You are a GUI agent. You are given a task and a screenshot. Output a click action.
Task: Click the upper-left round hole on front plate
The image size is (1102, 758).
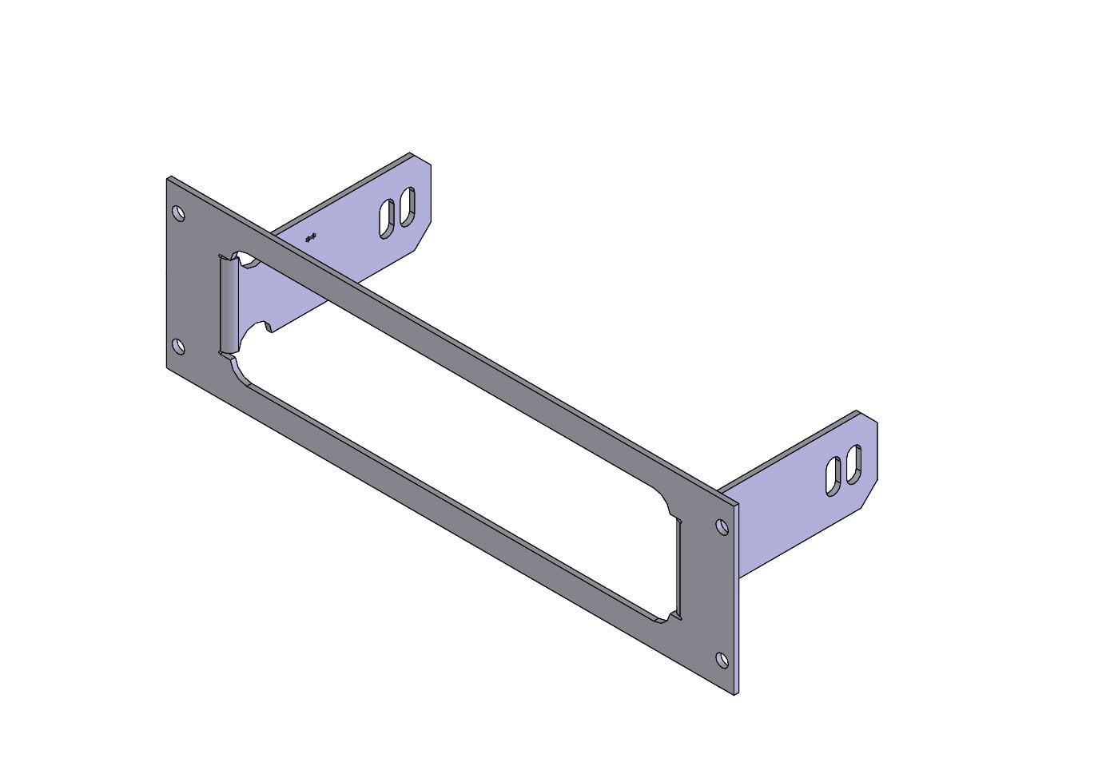[179, 213]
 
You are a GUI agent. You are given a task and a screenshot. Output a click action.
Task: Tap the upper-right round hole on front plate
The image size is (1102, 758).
[722, 527]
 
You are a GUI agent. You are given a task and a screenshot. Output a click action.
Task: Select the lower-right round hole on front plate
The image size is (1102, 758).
[722, 660]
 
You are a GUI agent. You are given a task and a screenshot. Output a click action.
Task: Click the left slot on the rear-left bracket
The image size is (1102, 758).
[387, 218]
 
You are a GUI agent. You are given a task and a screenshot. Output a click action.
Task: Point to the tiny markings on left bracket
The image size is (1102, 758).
[312, 236]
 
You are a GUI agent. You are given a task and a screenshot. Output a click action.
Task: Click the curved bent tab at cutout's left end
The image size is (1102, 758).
[229, 304]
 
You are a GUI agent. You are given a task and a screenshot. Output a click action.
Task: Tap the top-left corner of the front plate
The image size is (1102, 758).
[168, 178]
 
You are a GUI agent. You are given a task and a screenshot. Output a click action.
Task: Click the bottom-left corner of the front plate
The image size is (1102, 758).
[167, 368]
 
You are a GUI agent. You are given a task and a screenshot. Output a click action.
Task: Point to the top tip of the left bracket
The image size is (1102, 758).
[411, 153]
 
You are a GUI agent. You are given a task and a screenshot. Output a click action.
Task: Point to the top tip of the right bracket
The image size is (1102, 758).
[857, 412]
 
